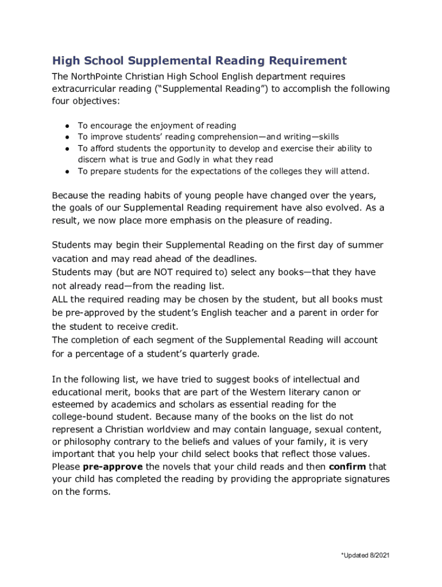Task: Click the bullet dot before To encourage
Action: point(67,126)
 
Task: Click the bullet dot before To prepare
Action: point(67,171)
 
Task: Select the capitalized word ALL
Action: point(59,299)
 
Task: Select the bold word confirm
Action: point(348,466)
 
